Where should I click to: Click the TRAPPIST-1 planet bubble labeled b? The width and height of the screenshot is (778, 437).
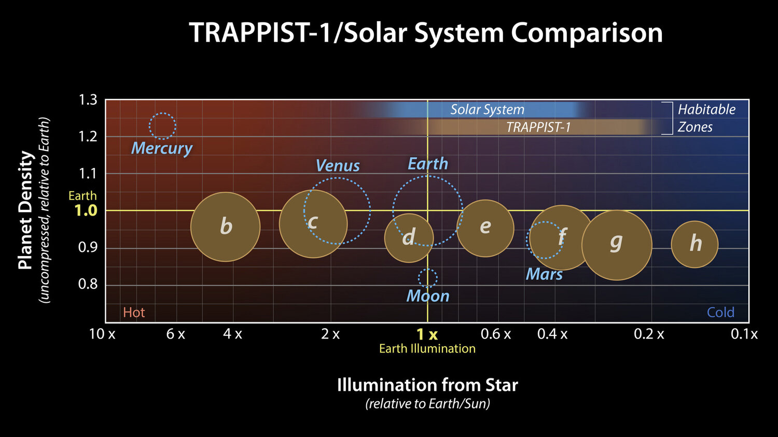[225, 227]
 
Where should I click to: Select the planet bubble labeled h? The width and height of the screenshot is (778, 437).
[694, 244]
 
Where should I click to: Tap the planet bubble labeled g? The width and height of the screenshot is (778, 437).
[616, 245]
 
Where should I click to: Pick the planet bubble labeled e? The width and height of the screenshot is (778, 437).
[485, 228]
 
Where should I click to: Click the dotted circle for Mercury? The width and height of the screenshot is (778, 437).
[162, 126]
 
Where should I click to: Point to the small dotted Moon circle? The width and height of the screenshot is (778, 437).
[427, 278]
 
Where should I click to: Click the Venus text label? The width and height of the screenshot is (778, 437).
[338, 166]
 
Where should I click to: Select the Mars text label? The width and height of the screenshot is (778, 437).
[544, 274]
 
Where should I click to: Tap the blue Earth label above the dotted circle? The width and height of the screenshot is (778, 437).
[427, 164]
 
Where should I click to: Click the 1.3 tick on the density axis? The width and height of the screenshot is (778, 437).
[88, 100]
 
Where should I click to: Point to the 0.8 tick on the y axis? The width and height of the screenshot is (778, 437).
[88, 284]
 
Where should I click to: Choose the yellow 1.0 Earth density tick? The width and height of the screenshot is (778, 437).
[86, 210]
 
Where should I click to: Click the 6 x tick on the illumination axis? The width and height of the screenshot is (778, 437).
[175, 334]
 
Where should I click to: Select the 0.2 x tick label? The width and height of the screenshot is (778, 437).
[648, 334]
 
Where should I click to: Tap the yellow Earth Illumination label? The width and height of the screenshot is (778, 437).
[427, 349]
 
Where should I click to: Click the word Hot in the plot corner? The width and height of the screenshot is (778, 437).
[134, 312]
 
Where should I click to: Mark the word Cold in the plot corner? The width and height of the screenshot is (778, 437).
[720, 312]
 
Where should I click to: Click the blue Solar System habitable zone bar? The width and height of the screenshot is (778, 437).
[487, 110]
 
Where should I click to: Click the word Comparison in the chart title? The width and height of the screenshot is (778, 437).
[587, 33]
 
